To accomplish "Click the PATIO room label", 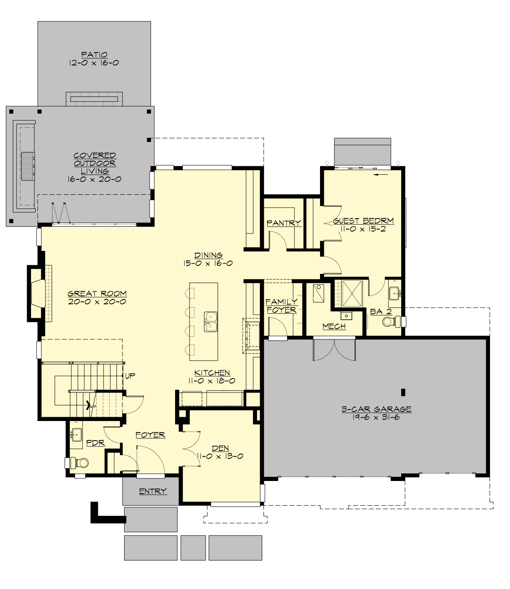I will (94, 54).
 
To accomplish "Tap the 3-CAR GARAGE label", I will (377, 409).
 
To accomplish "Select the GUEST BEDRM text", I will (363, 221).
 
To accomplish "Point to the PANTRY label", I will (283, 223).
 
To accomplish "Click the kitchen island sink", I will (211, 322).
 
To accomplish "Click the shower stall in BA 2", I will (352, 293).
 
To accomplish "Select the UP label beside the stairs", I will (130, 376).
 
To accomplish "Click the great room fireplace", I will (37, 293).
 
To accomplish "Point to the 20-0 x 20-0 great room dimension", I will (97, 302).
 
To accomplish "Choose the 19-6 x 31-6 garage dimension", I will (376, 417).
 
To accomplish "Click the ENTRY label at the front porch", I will (153, 491).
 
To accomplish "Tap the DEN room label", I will (220, 448).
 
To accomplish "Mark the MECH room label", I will (334, 326).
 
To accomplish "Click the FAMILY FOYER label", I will (281, 306).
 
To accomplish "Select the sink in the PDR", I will (76, 435).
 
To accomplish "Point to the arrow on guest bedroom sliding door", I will (382, 174).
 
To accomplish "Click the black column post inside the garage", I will (403, 392).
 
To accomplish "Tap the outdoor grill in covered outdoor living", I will (28, 166).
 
